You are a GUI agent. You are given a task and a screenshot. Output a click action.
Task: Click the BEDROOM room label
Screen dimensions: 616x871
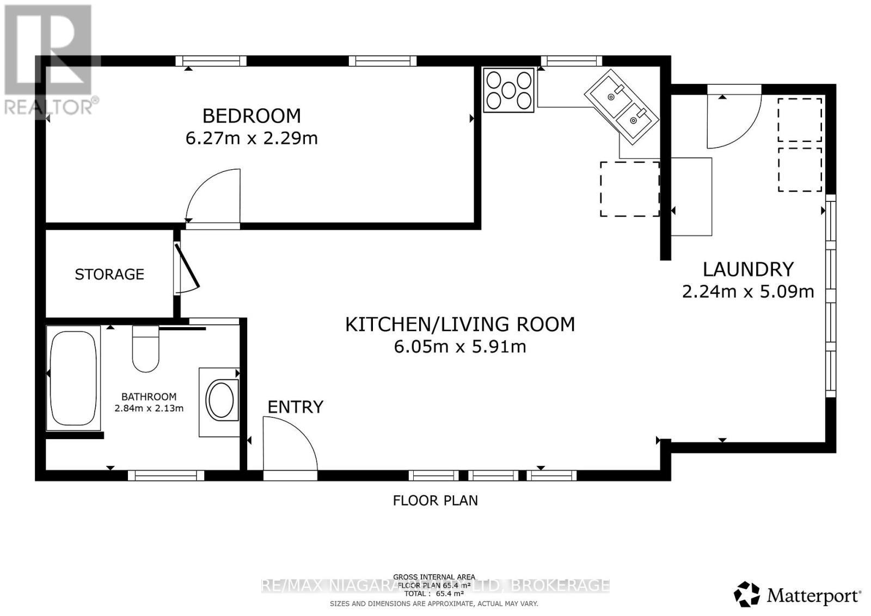click(x=252, y=116)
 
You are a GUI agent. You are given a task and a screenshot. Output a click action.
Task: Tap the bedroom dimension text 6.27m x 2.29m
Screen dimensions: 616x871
click(x=252, y=138)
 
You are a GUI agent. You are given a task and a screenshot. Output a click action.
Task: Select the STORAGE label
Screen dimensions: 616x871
click(x=109, y=274)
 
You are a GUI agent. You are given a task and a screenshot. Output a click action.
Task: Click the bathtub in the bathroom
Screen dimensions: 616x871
click(x=73, y=377)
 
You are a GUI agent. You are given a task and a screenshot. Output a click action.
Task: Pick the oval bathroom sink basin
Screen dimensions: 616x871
click(x=221, y=401)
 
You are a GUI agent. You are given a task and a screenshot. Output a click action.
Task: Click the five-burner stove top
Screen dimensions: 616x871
click(x=508, y=90)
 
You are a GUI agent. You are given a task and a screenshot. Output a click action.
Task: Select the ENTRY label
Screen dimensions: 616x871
click(x=296, y=407)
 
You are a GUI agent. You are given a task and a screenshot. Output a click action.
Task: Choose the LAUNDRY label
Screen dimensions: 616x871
click(x=748, y=269)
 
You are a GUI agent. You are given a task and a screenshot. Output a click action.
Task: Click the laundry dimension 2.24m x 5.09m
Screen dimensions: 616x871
click(x=748, y=292)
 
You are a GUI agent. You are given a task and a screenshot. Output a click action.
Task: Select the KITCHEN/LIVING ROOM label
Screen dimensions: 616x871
click(x=460, y=324)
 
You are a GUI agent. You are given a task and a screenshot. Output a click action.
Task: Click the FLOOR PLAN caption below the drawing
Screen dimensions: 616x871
click(x=435, y=501)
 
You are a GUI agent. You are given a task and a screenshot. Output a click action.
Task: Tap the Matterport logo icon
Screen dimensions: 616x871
click(x=747, y=594)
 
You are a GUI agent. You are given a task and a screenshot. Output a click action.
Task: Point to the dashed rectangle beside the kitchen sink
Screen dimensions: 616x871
click(x=630, y=189)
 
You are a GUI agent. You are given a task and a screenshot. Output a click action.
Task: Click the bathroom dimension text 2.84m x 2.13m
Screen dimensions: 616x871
click(x=149, y=408)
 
